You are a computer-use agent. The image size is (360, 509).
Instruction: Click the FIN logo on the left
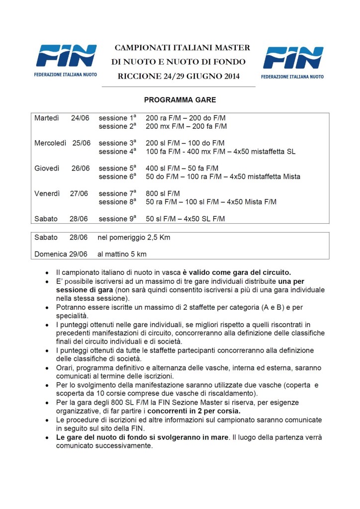[66, 60]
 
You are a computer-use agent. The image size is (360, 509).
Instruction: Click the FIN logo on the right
[293, 61]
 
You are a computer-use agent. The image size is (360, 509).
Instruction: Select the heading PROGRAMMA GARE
[180, 100]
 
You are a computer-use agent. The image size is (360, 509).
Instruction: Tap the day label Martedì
[47, 118]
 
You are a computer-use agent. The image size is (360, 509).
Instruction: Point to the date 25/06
[81, 143]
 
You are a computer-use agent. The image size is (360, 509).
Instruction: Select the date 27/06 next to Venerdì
[81, 193]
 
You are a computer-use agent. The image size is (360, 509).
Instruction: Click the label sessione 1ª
[117, 118]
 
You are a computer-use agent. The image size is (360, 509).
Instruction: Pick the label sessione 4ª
[117, 152]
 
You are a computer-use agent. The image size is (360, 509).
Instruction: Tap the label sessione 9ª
[117, 219]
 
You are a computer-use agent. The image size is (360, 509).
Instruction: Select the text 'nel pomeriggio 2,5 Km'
[134, 238]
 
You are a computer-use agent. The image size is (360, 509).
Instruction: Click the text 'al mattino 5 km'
[122, 254]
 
